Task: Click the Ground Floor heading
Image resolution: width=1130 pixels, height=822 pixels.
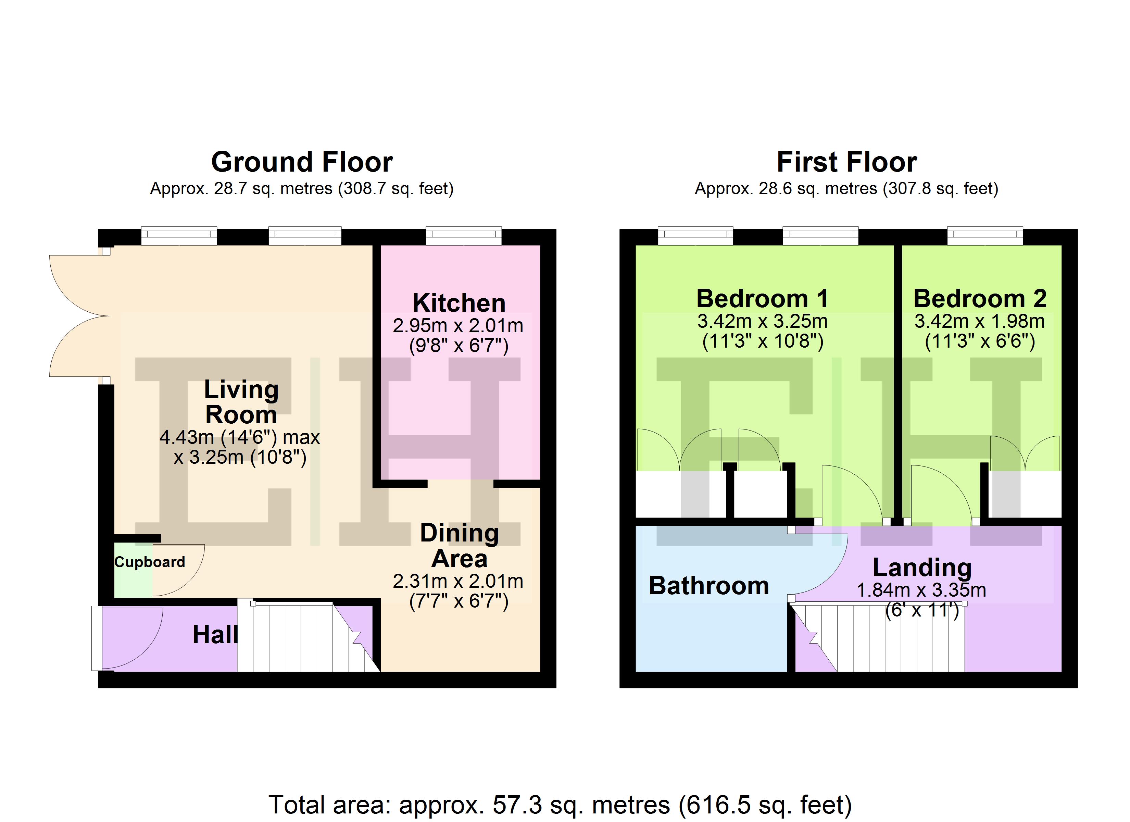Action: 302,162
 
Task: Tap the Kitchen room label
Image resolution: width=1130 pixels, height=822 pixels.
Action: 459,303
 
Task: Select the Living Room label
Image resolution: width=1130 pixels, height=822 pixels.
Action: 242,402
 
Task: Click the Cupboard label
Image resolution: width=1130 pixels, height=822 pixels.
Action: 150,562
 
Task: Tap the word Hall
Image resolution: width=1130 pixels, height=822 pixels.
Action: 215,635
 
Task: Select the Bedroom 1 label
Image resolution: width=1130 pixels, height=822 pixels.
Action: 762,299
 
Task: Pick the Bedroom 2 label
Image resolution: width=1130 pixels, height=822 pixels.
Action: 980,299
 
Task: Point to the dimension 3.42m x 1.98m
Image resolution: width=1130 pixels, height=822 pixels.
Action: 980,321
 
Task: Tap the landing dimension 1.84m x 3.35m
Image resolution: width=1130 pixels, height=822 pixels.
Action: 921,590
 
